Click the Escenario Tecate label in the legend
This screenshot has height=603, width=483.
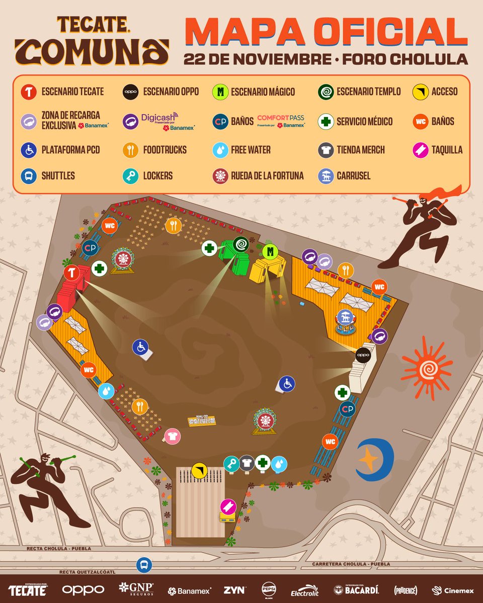[x=73, y=91]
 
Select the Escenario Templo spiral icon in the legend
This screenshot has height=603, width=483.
[x=326, y=91]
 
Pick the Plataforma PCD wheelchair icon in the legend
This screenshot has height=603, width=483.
[x=29, y=150]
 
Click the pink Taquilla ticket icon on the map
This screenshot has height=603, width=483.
[x=227, y=506]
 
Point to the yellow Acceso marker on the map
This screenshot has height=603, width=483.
[x=199, y=471]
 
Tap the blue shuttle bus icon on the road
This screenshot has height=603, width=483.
[x=144, y=565]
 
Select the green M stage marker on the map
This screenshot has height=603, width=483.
[x=270, y=251]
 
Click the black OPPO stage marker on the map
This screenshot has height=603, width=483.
[x=363, y=354]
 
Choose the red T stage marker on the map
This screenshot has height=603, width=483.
[x=71, y=273]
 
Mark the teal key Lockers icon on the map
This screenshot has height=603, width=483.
[x=231, y=463]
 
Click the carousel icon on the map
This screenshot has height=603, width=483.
[x=345, y=317]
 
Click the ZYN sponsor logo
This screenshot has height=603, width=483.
[x=234, y=590]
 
